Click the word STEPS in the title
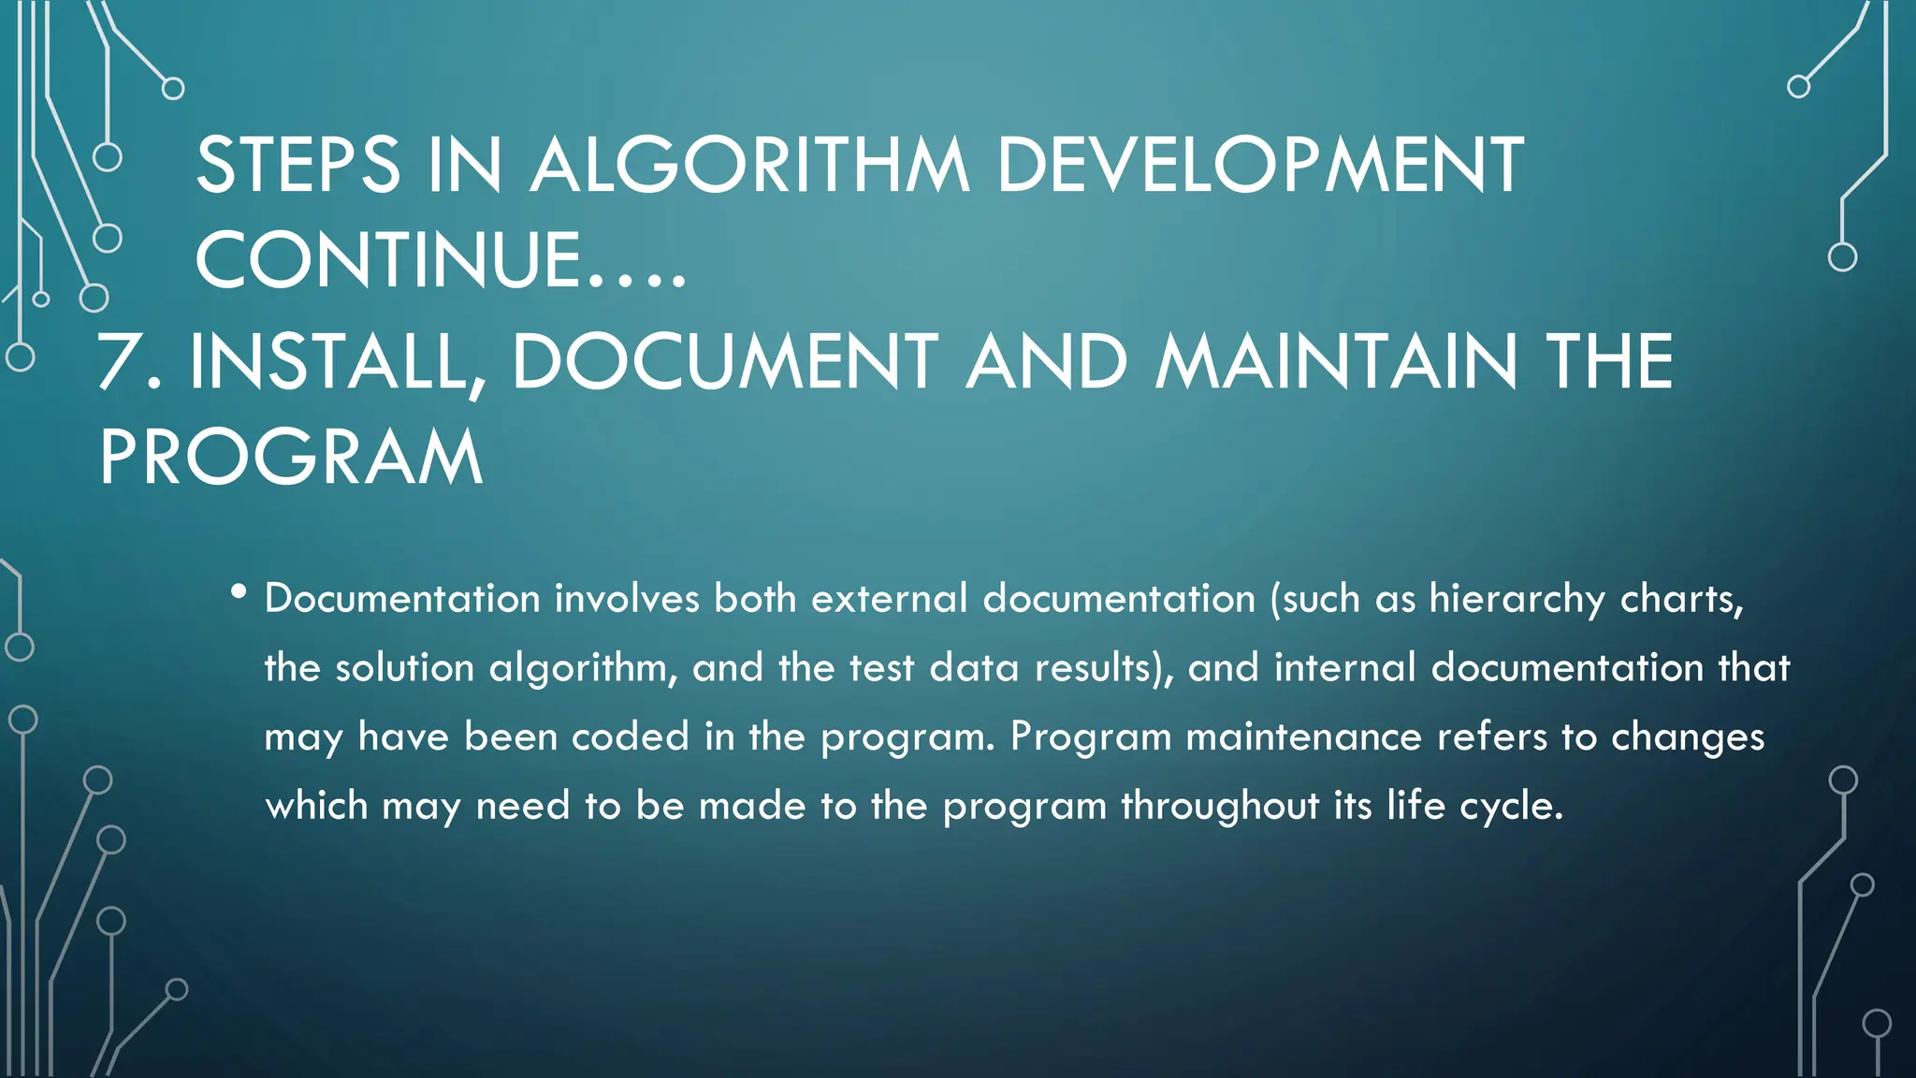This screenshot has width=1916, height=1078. (298, 166)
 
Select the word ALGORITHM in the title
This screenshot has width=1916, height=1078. (749, 166)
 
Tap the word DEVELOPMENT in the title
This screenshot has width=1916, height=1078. (1259, 166)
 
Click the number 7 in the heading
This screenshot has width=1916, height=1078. (120, 362)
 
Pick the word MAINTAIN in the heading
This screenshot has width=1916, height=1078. (1335, 362)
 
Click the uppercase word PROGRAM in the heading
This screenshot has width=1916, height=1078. (291, 459)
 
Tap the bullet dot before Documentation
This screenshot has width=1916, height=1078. (239, 591)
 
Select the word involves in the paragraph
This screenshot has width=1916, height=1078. (627, 599)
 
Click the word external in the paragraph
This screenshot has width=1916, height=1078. (889, 599)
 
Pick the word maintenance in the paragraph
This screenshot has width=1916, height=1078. (1303, 737)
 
